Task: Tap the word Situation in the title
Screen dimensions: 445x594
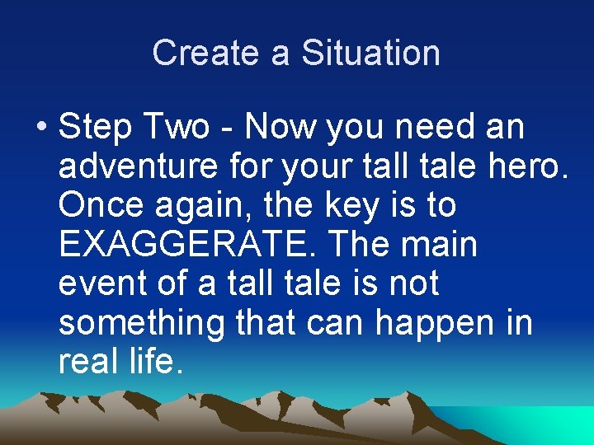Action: [x=370, y=53]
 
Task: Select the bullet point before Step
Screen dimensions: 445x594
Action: [x=42, y=129]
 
